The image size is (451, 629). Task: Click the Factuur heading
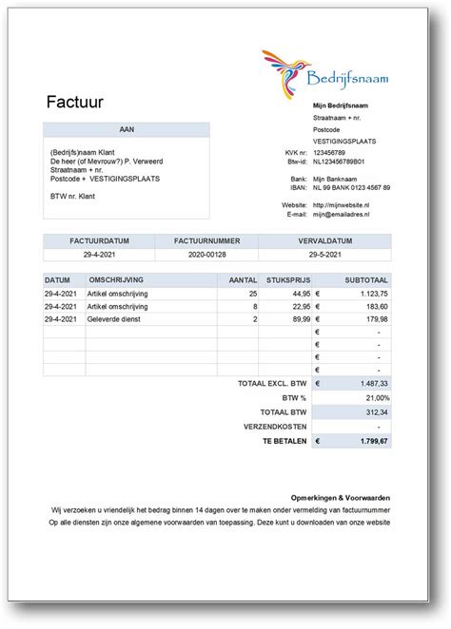[74, 101]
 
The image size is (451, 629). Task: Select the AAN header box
[127, 128]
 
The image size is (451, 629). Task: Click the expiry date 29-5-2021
[324, 255]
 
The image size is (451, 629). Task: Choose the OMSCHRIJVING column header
[115, 281]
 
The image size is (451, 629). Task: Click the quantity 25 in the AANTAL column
[252, 295]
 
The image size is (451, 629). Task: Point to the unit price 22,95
[297, 307]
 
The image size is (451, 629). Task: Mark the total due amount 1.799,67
[371, 442]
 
